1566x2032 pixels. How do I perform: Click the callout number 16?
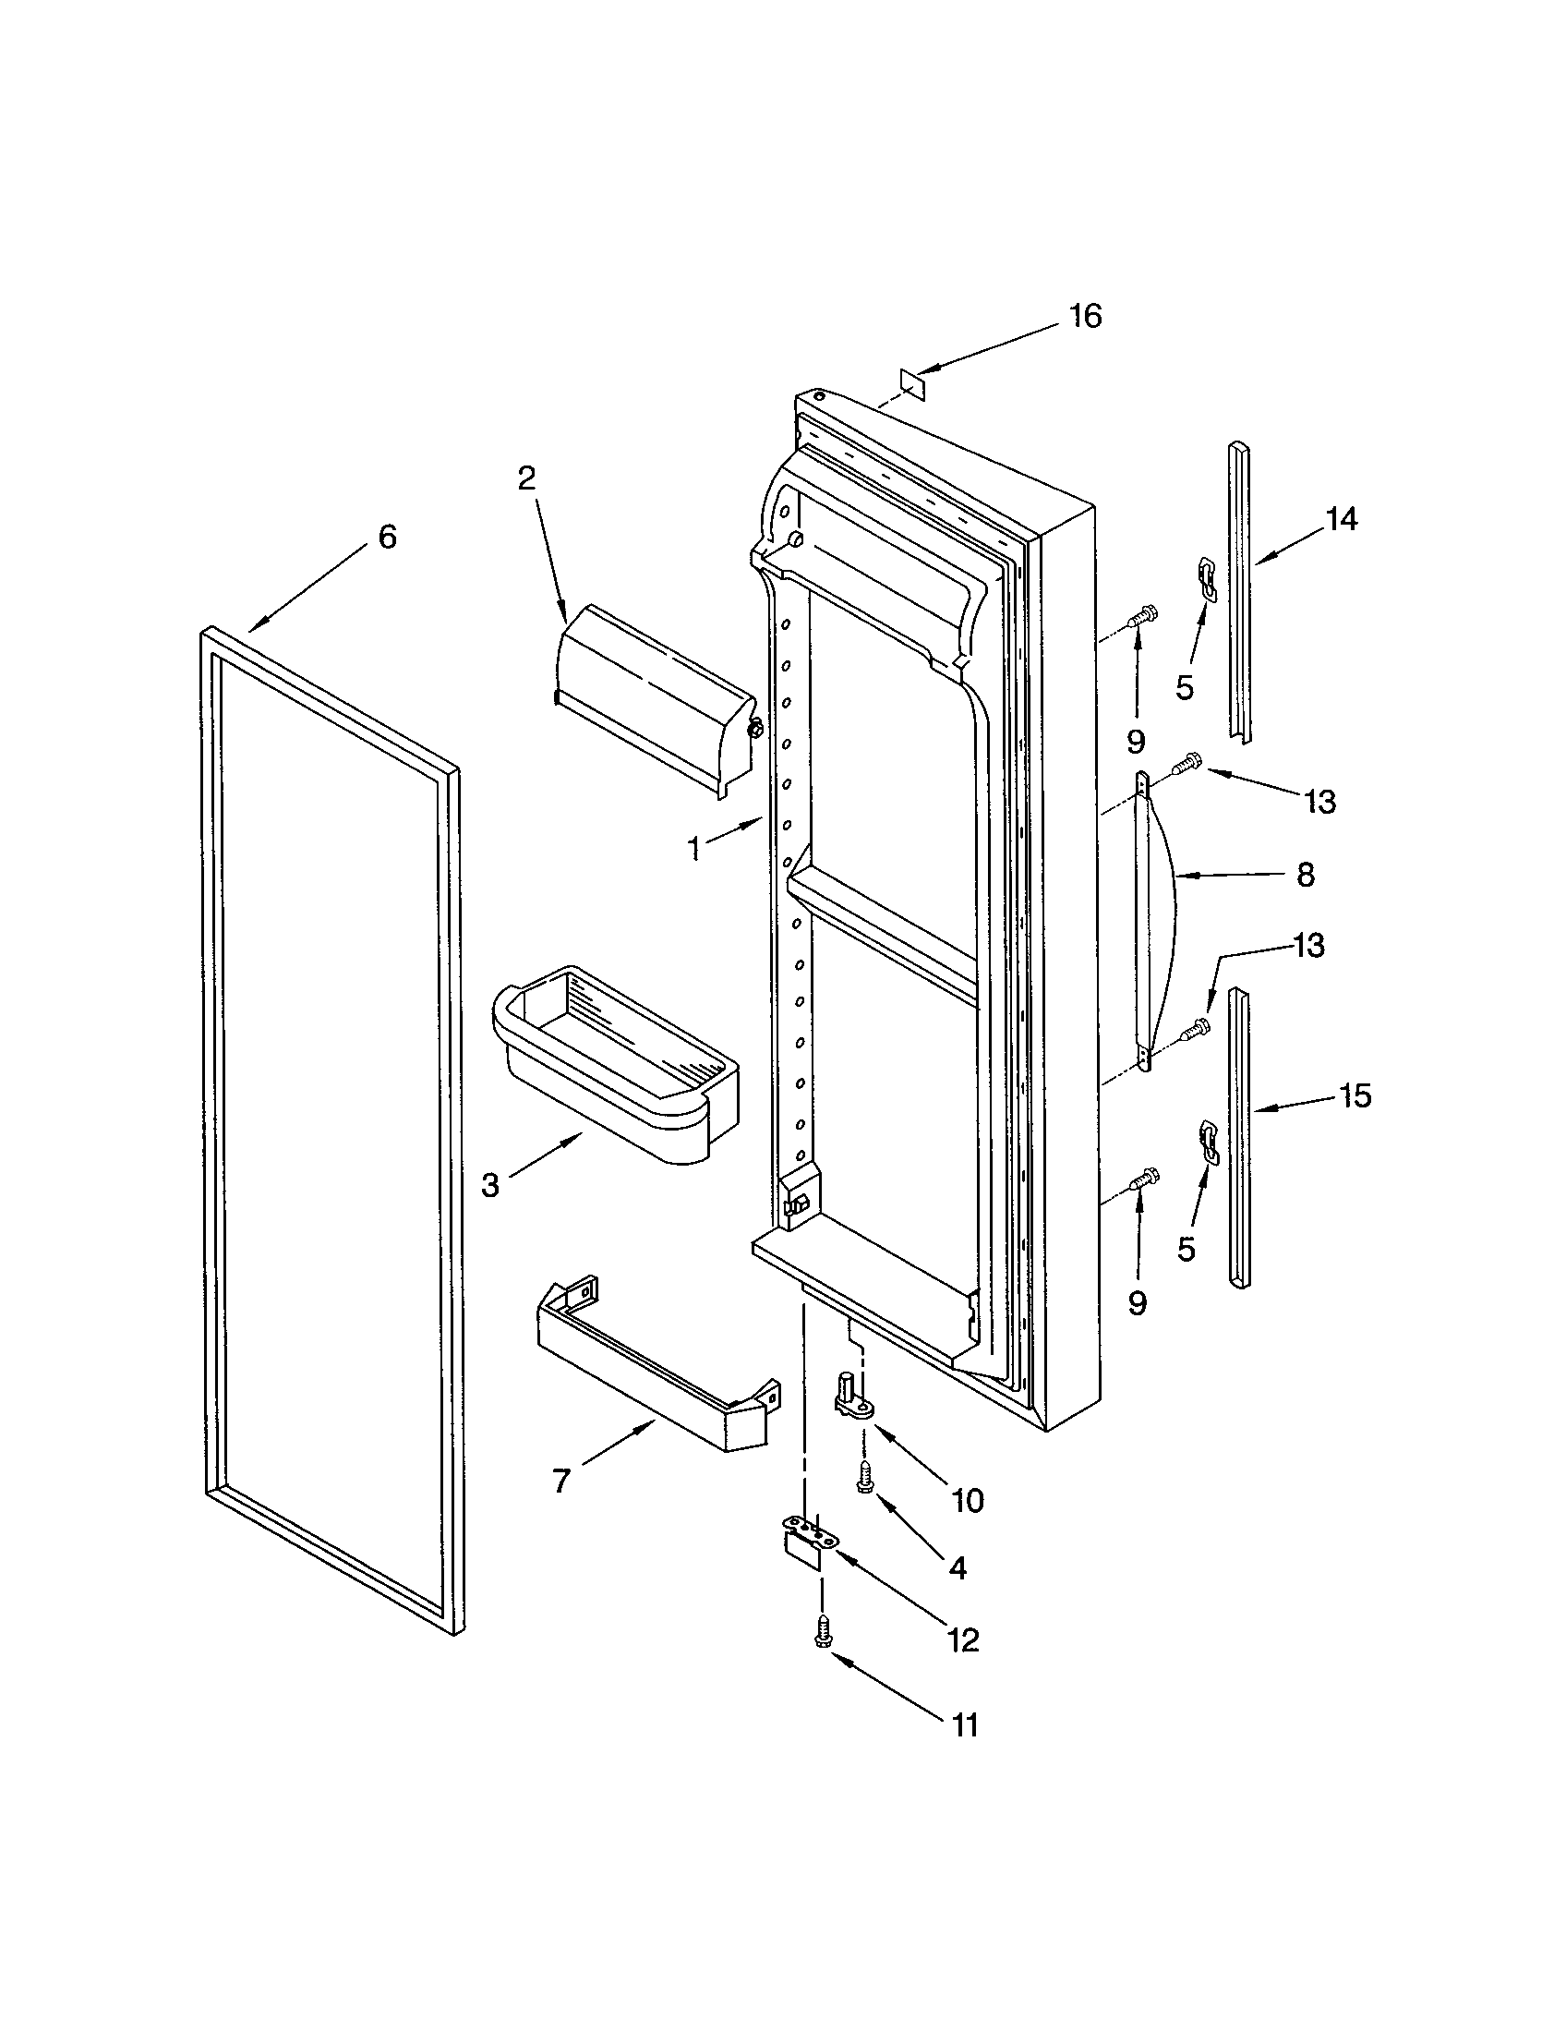point(1085,316)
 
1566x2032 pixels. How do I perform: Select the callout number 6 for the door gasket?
point(388,537)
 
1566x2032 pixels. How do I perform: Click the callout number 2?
point(526,478)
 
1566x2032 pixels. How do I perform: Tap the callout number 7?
point(560,1481)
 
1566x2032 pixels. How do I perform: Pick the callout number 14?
point(1342,519)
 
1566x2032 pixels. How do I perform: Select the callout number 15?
point(1355,1096)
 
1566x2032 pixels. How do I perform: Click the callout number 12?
point(963,1640)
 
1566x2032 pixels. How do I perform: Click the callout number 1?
point(693,849)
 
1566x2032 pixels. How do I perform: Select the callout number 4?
point(958,1568)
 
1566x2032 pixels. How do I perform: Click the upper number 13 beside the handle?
point(1320,801)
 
